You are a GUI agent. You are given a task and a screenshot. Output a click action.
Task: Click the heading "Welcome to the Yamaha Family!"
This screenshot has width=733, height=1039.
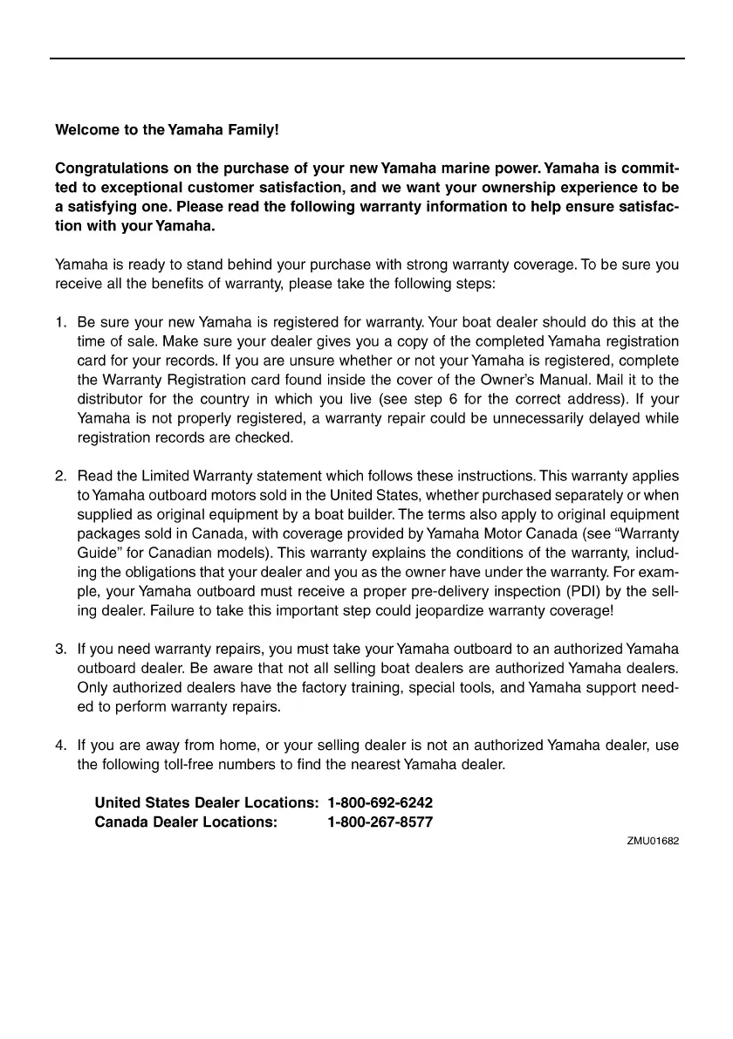167,130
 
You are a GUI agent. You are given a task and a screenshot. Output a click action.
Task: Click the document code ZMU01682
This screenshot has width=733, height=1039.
653,842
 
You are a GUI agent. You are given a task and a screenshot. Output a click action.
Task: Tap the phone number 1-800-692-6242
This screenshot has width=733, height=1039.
380,802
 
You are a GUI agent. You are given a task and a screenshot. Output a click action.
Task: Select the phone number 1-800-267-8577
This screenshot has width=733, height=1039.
380,822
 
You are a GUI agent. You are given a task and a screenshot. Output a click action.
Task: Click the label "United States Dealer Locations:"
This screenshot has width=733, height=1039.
206,802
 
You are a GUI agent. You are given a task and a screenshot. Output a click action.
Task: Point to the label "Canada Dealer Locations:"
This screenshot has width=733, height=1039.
186,822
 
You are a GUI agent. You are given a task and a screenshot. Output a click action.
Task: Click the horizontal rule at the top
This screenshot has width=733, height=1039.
366,59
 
